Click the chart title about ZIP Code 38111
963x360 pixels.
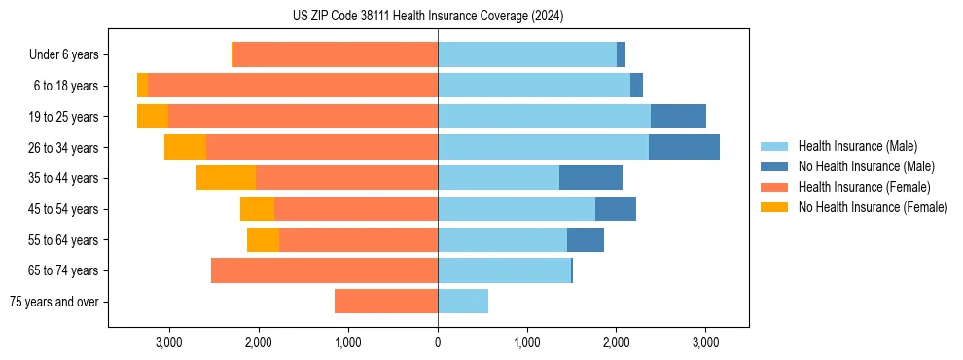[x=428, y=17]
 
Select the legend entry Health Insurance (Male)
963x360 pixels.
[x=857, y=146]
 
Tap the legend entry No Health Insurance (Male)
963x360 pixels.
[x=866, y=166]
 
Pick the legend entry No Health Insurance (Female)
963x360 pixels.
[x=873, y=207]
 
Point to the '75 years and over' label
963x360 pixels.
[x=54, y=302]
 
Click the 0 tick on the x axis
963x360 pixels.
[x=438, y=342]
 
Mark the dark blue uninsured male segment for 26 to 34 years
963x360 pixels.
[x=684, y=147]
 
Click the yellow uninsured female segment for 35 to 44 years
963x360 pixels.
[x=226, y=178]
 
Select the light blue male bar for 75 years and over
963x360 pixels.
[x=463, y=302]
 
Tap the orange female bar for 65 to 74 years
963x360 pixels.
[x=324, y=270]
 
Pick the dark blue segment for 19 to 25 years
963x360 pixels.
[x=678, y=117]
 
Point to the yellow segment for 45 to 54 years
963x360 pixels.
[x=257, y=209]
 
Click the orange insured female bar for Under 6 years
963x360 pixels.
[x=336, y=55]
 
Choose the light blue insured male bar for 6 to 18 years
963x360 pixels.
[x=534, y=86]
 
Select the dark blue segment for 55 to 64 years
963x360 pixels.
[x=586, y=239]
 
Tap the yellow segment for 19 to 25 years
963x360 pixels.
[x=153, y=117]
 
